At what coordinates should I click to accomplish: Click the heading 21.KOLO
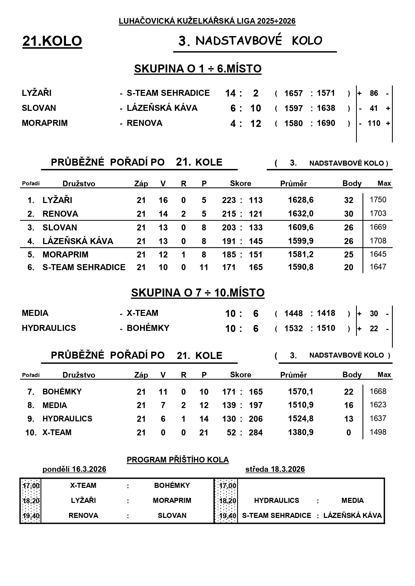coord(52,41)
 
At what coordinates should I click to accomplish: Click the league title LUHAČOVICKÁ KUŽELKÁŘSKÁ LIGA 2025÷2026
coord(207,21)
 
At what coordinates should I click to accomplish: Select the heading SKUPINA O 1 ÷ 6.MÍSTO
coord(198,69)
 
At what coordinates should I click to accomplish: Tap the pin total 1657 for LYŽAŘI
coord(293,93)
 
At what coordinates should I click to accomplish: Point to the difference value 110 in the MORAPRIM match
coord(374,124)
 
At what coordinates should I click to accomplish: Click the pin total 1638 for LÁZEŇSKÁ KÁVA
coord(326,108)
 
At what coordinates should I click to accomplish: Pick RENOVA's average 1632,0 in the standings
coord(301,214)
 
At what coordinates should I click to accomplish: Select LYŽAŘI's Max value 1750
coord(378,200)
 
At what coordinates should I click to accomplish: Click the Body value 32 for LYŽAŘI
coord(348,200)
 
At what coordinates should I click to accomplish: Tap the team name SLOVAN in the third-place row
coord(60,228)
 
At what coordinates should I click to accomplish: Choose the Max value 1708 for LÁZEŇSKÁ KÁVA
coord(378,241)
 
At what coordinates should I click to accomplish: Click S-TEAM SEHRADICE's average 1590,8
coord(301,267)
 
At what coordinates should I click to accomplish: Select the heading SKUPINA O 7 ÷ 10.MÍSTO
coord(198,293)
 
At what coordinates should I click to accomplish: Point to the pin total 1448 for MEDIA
coord(293,314)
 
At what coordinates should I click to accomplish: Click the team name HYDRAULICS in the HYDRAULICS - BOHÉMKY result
coord(49,328)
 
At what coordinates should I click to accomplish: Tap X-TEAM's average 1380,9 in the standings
coord(301,432)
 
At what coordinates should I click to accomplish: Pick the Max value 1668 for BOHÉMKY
coord(378,391)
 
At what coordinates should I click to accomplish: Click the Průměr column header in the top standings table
coord(293,184)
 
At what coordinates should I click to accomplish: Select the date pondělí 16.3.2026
coord(74,469)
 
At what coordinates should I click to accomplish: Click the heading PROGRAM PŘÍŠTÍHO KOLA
coord(178,460)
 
